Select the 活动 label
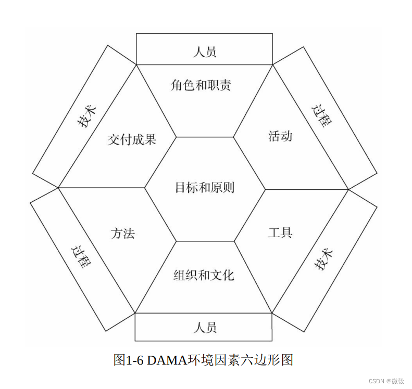280,136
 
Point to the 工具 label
280,232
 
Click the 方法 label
123,233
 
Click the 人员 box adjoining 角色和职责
204,51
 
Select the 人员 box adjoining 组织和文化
204,328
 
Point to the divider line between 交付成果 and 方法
102,188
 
